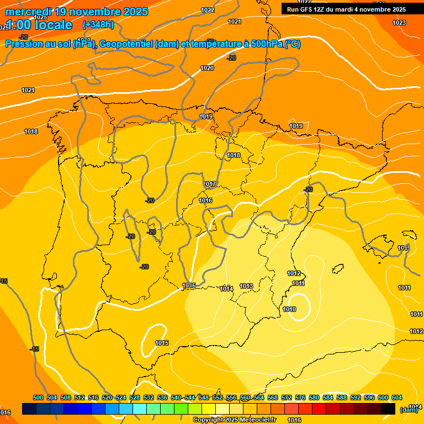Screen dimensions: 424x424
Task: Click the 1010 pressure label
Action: coord(289,309)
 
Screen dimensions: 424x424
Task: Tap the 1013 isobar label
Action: coord(246,286)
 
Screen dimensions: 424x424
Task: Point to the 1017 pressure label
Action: coord(210,184)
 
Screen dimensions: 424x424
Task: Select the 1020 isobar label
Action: coord(207,68)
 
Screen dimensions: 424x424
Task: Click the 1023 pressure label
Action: coord(399,23)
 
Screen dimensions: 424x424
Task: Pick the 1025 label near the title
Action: coord(40,17)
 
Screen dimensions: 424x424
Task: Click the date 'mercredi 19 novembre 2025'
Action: coord(76,12)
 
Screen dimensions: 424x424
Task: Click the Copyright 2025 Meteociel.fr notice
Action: coord(234,420)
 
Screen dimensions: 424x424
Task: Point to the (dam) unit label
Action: coord(409,410)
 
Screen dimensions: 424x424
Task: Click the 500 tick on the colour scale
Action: coord(38,397)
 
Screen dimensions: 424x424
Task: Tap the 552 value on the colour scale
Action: coord(218,397)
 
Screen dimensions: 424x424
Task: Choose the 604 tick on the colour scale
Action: coord(397,397)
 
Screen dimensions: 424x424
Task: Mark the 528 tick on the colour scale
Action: coord(135,397)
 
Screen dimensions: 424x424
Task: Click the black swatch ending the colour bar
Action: coord(388,409)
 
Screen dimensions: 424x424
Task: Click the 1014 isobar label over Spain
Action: coord(226,289)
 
